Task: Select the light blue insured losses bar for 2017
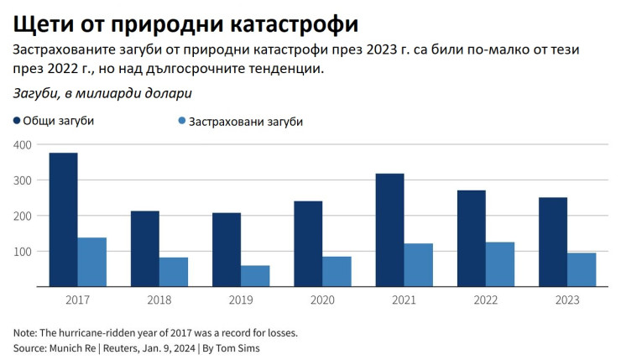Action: (92, 262)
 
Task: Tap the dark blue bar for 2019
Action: (226, 250)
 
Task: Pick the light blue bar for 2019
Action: (255, 276)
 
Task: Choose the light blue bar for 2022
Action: (499, 264)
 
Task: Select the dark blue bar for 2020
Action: (308, 244)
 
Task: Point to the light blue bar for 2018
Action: (174, 272)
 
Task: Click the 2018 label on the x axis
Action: (159, 299)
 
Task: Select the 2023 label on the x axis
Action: (566, 299)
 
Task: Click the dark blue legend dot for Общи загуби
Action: (18, 121)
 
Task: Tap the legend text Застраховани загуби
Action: (245, 121)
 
